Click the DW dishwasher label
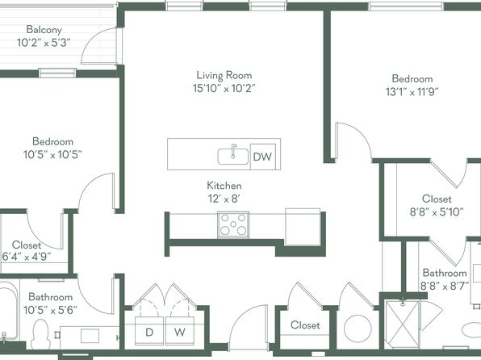[262, 157]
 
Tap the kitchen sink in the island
[233, 157]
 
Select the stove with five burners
[233, 225]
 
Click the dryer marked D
[149, 331]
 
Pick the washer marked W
[180, 331]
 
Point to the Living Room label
[224, 75]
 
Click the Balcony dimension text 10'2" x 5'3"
[44, 42]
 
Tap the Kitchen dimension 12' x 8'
[224, 199]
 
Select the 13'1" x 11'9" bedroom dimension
[412, 91]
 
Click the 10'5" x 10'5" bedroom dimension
[52, 154]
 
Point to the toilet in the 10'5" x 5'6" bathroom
[40, 334]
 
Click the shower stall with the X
[403, 324]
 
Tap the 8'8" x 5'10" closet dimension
[437, 211]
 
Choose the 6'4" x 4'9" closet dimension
[27, 257]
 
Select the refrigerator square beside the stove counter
[303, 227]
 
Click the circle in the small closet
[358, 329]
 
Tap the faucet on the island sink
[233, 151]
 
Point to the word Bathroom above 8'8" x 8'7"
[445, 273]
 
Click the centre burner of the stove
[233, 224]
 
